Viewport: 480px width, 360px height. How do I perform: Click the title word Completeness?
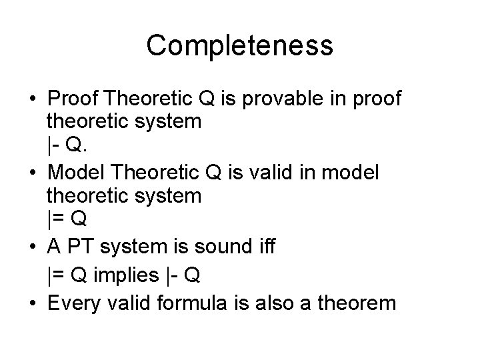(240, 45)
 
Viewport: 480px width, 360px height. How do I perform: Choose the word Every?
(72, 303)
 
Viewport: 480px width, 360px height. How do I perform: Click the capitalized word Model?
(72, 173)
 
